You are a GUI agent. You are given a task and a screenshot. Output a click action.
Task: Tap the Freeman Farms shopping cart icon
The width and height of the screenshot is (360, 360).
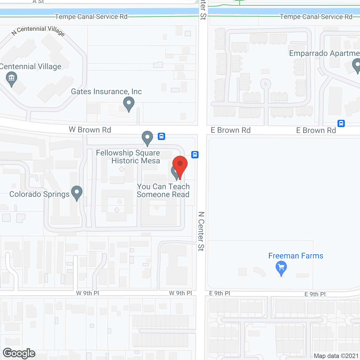point(281,267)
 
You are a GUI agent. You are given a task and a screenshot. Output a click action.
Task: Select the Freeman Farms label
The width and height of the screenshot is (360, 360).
point(296,256)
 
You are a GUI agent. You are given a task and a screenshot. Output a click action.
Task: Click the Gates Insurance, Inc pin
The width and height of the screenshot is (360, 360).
point(129,103)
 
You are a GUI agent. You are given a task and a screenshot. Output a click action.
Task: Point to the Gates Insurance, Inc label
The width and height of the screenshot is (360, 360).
point(106,92)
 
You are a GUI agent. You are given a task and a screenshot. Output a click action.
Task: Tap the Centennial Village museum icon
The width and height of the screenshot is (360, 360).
point(12,78)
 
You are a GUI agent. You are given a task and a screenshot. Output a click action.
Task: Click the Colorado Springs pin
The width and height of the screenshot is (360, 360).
point(77,193)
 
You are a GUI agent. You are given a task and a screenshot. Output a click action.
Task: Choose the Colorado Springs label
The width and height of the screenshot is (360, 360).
point(39,194)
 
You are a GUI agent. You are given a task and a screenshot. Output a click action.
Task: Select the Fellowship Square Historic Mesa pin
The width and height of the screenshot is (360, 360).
point(147,138)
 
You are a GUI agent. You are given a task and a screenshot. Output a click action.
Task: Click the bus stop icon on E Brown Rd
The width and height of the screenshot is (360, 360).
point(341,123)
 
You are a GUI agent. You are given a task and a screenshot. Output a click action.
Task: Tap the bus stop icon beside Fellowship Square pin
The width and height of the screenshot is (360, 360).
point(161,136)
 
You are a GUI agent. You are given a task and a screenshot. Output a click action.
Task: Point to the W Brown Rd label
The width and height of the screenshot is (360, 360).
point(90,130)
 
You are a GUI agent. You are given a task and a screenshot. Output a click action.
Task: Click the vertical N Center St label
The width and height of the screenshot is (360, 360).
point(201,231)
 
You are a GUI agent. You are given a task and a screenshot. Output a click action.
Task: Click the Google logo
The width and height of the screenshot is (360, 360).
point(19,353)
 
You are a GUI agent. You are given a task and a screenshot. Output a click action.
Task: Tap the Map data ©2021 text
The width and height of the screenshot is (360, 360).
point(336,356)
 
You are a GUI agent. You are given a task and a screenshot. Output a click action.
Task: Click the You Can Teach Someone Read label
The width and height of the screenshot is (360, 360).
point(163,190)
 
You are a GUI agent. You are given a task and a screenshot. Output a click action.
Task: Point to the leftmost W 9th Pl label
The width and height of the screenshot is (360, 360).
point(87,293)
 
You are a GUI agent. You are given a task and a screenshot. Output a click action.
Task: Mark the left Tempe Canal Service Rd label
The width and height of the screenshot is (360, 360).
point(91,17)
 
